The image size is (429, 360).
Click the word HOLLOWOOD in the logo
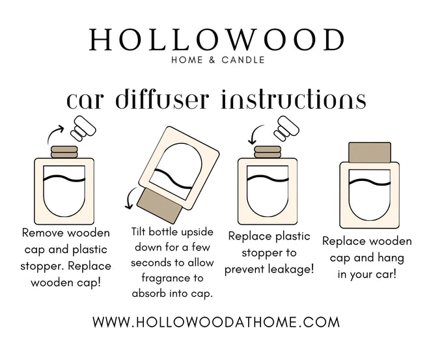tap(216, 40)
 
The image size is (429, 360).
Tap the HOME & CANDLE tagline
tap(218, 60)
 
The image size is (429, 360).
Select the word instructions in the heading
tap(293, 99)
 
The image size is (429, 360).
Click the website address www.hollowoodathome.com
tap(216, 322)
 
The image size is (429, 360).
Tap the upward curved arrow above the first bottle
tap(53, 132)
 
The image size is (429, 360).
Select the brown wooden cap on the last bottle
tap(370, 152)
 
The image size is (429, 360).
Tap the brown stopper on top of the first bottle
tap(64, 152)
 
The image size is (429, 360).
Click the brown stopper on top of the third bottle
tap(268, 152)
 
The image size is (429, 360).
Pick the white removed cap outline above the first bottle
tap(83, 128)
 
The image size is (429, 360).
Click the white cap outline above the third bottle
tap(286, 128)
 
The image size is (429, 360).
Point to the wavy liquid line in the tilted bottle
tap(173, 179)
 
